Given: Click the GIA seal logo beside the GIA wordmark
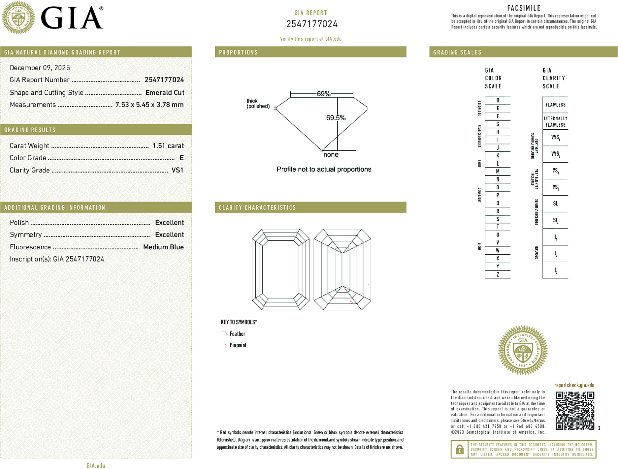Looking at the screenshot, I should tap(18, 18).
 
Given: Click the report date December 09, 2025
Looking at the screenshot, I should tap(40, 68).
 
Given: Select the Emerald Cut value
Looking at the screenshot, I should tap(165, 93).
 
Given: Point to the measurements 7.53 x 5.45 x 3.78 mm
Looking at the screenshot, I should tap(149, 105).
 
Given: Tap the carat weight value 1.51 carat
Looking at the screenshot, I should tap(168, 146).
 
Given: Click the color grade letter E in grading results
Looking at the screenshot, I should tap(181, 158).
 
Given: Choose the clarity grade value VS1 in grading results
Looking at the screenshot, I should tap(177, 170).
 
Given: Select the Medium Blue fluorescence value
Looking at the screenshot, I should tap(163, 247).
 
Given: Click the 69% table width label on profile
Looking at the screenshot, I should tap(323, 94).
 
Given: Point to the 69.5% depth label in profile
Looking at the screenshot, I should tap(336, 118).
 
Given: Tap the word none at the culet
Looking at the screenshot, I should tap(331, 155).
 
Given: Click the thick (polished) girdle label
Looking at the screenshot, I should tap(258, 103).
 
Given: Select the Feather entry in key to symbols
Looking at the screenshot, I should tap(237, 334).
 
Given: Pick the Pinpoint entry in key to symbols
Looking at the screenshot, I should tap(238, 345).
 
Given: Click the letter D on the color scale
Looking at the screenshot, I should tap(498, 100).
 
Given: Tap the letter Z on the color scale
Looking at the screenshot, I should tap(498, 274).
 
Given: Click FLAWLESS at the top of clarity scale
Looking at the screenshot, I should tap(555, 105).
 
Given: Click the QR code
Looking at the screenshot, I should tap(574, 411).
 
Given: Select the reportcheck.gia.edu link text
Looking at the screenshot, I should tap(574, 385).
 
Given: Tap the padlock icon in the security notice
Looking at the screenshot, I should tap(459, 449).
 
